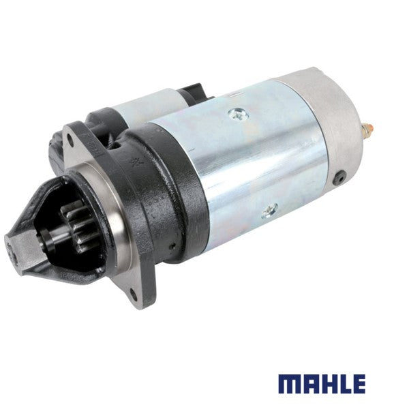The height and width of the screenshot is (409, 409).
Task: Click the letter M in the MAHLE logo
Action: click(x=290, y=384)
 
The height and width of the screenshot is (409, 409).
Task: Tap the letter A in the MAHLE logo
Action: click(x=312, y=384)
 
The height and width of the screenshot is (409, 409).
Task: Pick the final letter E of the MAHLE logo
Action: click(x=359, y=384)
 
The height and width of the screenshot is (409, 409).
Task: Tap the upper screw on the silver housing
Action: click(x=238, y=114)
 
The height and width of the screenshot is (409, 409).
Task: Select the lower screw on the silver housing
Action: click(x=270, y=210)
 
